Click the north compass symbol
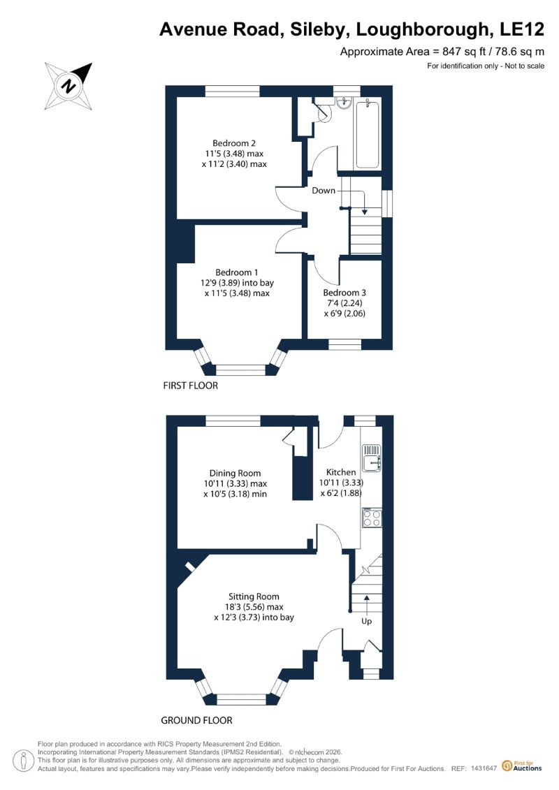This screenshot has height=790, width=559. pyautogui.click(x=68, y=86)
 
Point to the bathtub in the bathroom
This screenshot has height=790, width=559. pyautogui.click(x=368, y=134)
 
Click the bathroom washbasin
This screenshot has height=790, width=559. pyautogui.click(x=344, y=102)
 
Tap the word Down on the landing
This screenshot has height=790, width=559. pyautogui.click(x=324, y=191)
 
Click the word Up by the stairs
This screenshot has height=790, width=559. pyautogui.click(x=366, y=621)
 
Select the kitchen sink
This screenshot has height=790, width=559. pyautogui.click(x=372, y=457)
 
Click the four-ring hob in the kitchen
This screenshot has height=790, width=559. pyautogui.click(x=372, y=518)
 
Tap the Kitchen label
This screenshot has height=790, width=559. pyautogui.click(x=341, y=472)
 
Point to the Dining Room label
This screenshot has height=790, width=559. pyautogui.click(x=235, y=473)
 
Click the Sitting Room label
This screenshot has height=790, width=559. pyautogui.click(x=254, y=597)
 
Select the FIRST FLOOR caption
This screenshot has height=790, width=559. pyautogui.click(x=191, y=386)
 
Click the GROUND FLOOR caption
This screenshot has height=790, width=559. pyautogui.click(x=196, y=720)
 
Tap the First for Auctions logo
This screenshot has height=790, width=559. pyautogui.click(x=522, y=766)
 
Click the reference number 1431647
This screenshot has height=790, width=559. pyautogui.click(x=484, y=768)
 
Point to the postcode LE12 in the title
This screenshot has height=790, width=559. pyautogui.click(x=522, y=29)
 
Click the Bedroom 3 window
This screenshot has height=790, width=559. pyautogui.click(x=345, y=344)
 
